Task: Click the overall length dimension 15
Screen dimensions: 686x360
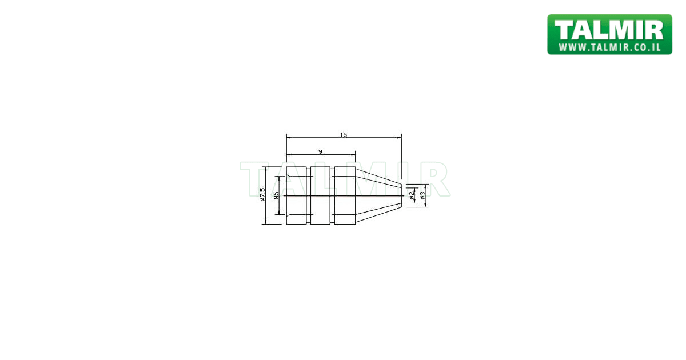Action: point(344,135)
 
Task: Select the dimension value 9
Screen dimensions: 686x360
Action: point(320,151)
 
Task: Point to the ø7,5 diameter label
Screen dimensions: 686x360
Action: point(262,195)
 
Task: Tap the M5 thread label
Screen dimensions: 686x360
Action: point(276,195)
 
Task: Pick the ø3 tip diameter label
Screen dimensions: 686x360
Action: point(422,195)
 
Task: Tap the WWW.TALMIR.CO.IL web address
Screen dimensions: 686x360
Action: point(609,47)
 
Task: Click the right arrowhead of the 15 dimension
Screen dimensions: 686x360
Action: point(399,138)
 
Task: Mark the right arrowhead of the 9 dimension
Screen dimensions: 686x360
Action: point(353,155)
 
